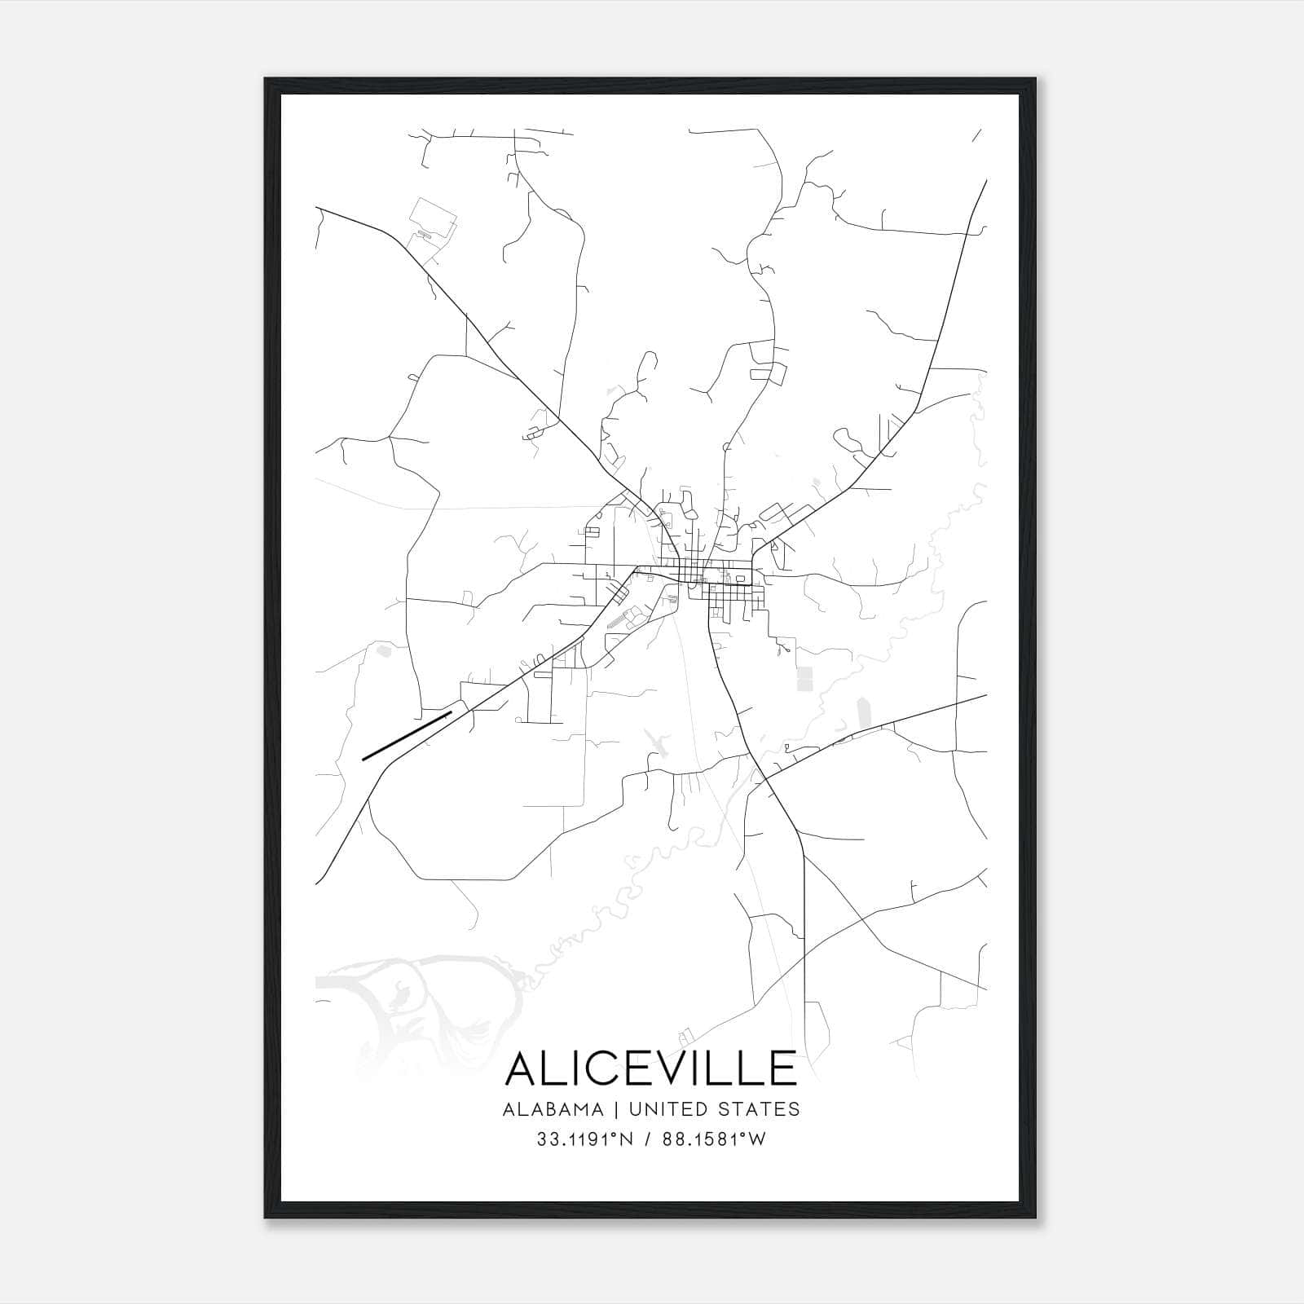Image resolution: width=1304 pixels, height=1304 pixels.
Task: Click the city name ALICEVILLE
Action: pyautogui.click(x=651, y=1068)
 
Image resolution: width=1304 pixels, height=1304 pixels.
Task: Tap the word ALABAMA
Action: pyautogui.click(x=553, y=1109)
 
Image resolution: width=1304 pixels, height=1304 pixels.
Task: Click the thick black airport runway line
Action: pyautogui.click(x=407, y=735)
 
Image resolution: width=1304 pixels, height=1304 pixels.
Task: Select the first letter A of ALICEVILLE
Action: pyautogui.click(x=522, y=1068)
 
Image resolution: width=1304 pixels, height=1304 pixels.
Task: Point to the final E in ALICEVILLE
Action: pyautogui.click(x=782, y=1068)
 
